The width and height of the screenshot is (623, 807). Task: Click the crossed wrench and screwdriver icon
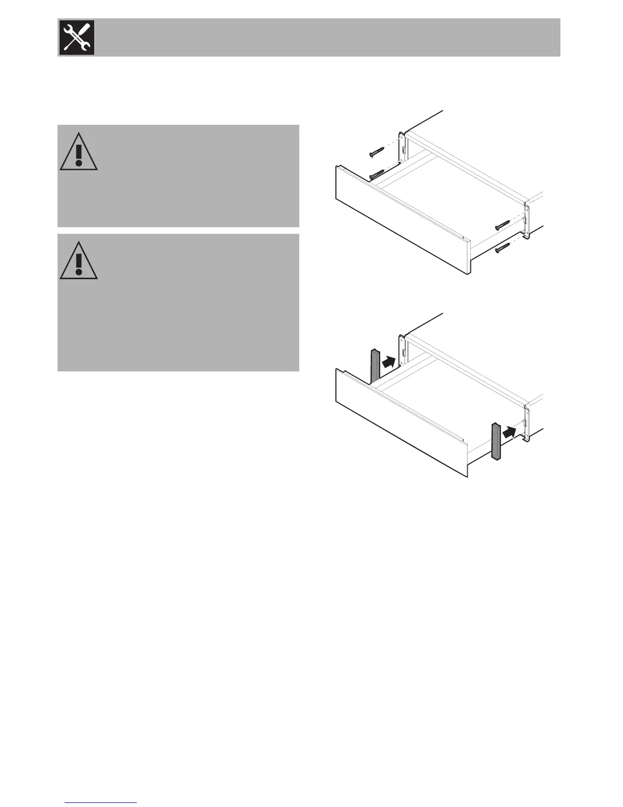[77, 37]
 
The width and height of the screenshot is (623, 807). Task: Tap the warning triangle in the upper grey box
[78, 153]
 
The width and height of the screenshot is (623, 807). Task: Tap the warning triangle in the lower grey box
[78, 262]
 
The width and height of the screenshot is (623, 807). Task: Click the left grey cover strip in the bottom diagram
[375, 366]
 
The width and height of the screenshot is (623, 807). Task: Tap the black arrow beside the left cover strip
[388, 362]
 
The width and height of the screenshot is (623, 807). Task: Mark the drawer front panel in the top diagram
[402, 222]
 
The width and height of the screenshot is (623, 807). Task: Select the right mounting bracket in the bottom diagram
[528, 424]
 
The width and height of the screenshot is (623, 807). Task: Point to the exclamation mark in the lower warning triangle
[78, 264]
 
